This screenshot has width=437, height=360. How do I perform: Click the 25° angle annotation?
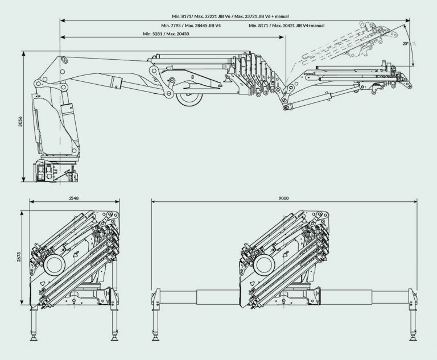pos(405,43)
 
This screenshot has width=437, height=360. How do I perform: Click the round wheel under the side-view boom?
pos(188,98)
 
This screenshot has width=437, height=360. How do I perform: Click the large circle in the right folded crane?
pos(265,264)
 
